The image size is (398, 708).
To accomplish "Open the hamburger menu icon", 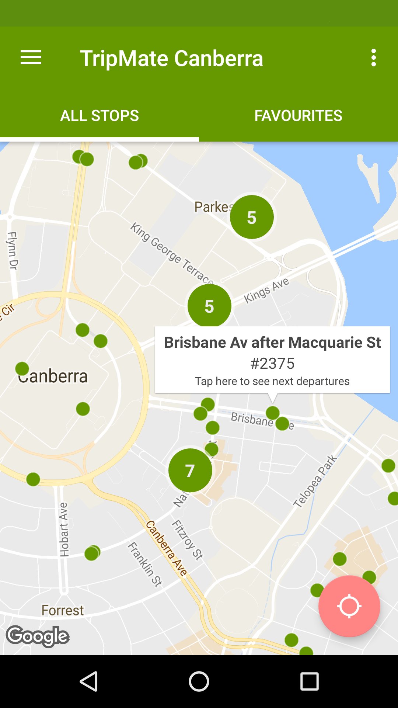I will click(x=31, y=58).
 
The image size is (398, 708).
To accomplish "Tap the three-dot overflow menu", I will click(x=374, y=58).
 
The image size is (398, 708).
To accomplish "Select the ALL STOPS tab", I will click(x=99, y=116).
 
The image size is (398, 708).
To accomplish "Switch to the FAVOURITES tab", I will click(x=298, y=116).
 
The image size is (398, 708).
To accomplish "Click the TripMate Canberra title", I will click(x=171, y=58).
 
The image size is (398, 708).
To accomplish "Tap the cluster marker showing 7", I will click(x=190, y=471).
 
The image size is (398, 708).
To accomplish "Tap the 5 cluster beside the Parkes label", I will click(x=252, y=217).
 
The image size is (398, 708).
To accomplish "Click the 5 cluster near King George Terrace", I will click(x=209, y=306).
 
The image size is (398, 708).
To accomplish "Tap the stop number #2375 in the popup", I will click(x=272, y=364).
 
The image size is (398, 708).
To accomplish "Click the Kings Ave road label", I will click(x=266, y=291).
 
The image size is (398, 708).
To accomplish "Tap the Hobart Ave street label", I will click(x=64, y=529).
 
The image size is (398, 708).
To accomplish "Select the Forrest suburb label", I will click(x=63, y=610).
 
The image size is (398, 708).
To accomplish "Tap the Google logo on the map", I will click(x=38, y=636).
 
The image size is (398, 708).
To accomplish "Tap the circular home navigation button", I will click(x=199, y=681).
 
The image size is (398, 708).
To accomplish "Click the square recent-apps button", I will click(x=309, y=681).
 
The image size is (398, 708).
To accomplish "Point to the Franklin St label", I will click(x=145, y=564).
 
